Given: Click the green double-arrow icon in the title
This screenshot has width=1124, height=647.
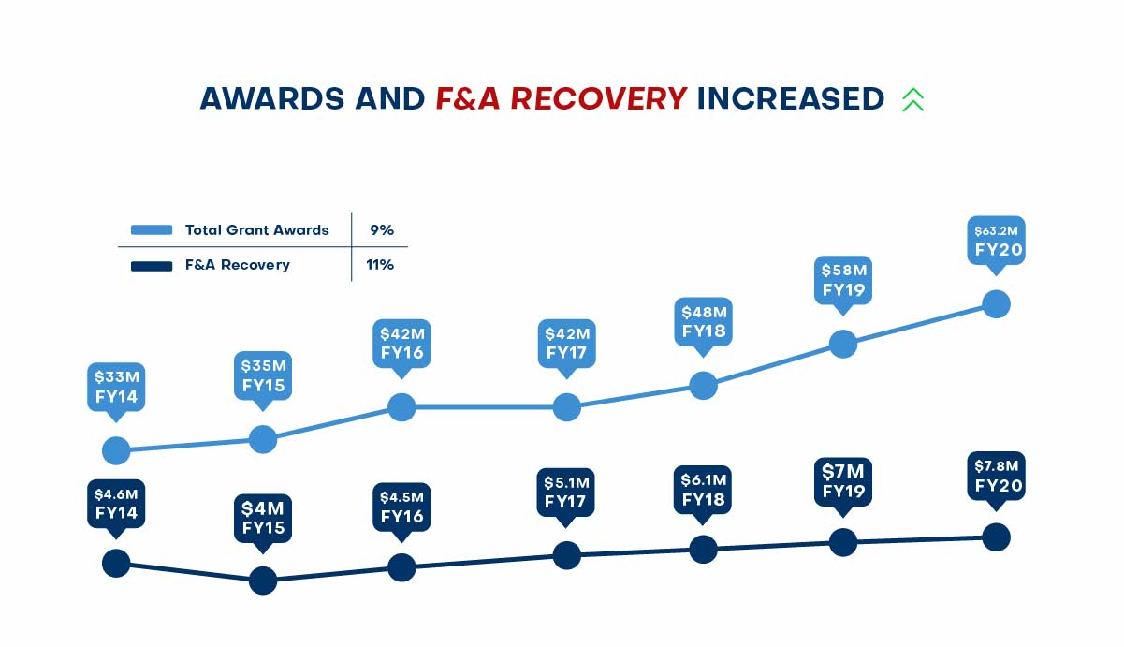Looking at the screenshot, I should (912, 99).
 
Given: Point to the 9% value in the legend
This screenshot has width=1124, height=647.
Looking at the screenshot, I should (380, 229).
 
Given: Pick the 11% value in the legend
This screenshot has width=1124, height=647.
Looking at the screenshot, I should (379, 265).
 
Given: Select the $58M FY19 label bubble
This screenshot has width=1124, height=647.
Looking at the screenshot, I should (843, 279).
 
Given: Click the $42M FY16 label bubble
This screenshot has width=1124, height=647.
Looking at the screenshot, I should (401, 344).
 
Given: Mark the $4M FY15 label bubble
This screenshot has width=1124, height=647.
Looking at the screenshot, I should (263, 518).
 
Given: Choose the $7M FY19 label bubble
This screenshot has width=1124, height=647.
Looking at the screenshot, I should (843, 480).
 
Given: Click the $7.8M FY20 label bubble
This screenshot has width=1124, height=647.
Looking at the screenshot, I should (997, 476).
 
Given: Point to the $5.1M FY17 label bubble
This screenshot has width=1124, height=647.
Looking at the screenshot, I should (566, 492).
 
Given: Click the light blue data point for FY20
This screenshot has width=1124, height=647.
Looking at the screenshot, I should (997, 304).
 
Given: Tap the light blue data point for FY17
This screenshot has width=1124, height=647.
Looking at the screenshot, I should (566, 407).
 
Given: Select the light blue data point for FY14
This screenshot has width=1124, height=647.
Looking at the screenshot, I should (116, 450).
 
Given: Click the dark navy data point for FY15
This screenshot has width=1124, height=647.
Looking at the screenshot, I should (263, 581).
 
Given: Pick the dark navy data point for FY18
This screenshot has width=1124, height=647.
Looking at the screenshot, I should (703, 550).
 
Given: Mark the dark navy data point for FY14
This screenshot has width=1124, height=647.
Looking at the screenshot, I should (116, 564).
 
